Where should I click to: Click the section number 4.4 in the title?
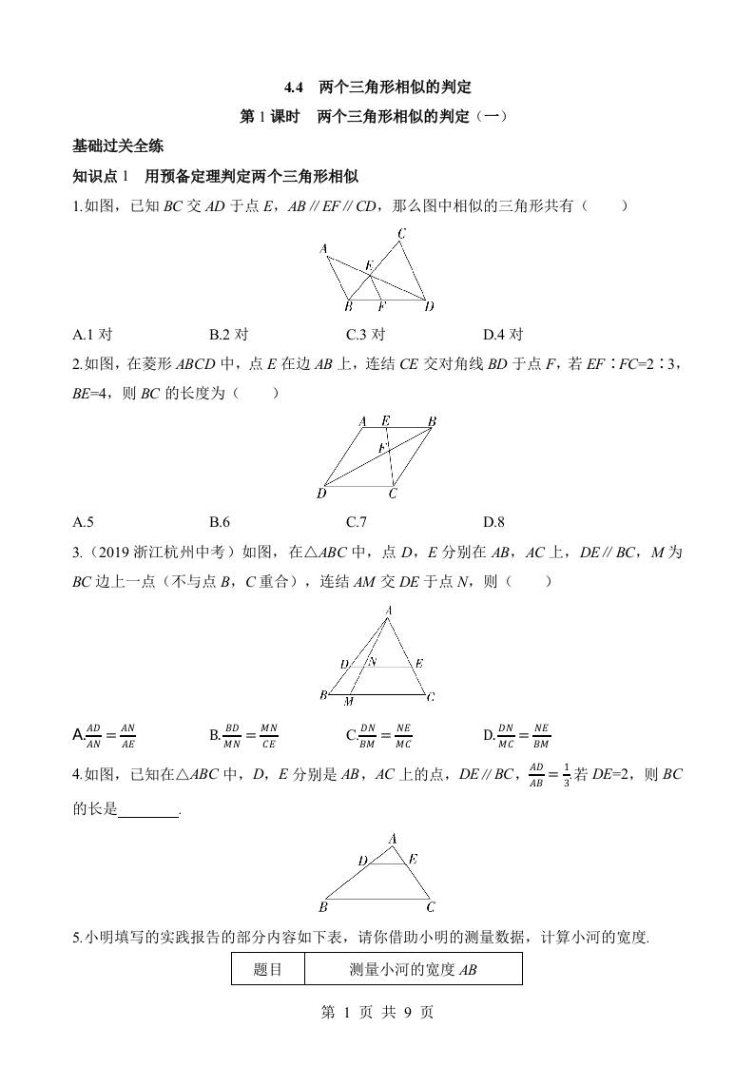coord(293,87)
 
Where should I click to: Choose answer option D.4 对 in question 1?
coord(503,334)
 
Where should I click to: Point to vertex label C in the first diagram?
coord(402,234)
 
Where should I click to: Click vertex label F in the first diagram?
coord(381,306)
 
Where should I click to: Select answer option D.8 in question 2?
coord(493,520)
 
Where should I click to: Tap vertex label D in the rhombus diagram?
coord(321,494)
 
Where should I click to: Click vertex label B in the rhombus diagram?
coord(432,421)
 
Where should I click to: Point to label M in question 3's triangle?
coord(349,702)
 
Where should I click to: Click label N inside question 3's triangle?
coord(372,662)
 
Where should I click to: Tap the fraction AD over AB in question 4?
coord(536,774)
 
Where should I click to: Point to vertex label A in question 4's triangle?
coord(393,837)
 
